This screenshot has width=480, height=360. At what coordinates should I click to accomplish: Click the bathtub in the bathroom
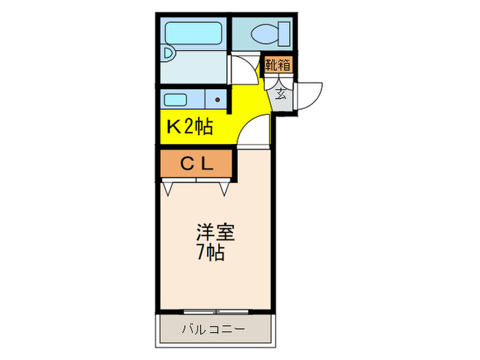pyautogui.click(x=193, y=33)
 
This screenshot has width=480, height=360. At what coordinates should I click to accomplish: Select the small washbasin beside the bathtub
pyautogui.click(x=169, y=53)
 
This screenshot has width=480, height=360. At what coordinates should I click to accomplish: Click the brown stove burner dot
pyautogui.click(x=217, y=100)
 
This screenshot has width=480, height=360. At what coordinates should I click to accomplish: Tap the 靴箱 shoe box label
pyautogui.click(x=278, y=66)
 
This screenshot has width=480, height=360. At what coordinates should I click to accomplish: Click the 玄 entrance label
pyautogui.click(x=281, y=94)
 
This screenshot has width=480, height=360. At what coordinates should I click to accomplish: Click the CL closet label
pyautogui.click(x=197, y=164)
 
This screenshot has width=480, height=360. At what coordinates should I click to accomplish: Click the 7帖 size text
pyautogui.click(x=210, y=253)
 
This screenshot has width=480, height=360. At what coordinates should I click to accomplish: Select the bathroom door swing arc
pyautogui.click(x=243, y=71)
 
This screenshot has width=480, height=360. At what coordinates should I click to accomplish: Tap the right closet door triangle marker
pyautogui.click(x=224, y=187)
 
